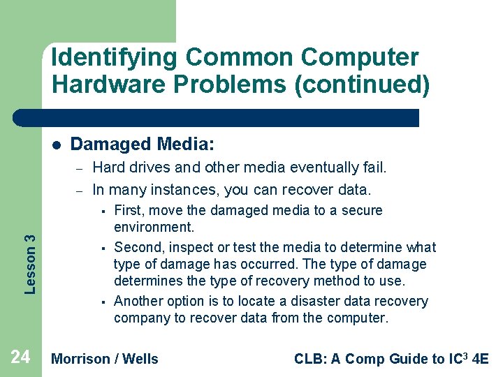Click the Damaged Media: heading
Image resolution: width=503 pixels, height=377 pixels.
coord(143,145)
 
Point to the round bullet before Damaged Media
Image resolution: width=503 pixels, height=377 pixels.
coord(57,145)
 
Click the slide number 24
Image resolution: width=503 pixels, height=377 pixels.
coord(20,357)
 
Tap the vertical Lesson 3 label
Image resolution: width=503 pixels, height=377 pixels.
coord(30,254)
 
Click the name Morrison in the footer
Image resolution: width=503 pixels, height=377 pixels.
coord(81,359)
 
